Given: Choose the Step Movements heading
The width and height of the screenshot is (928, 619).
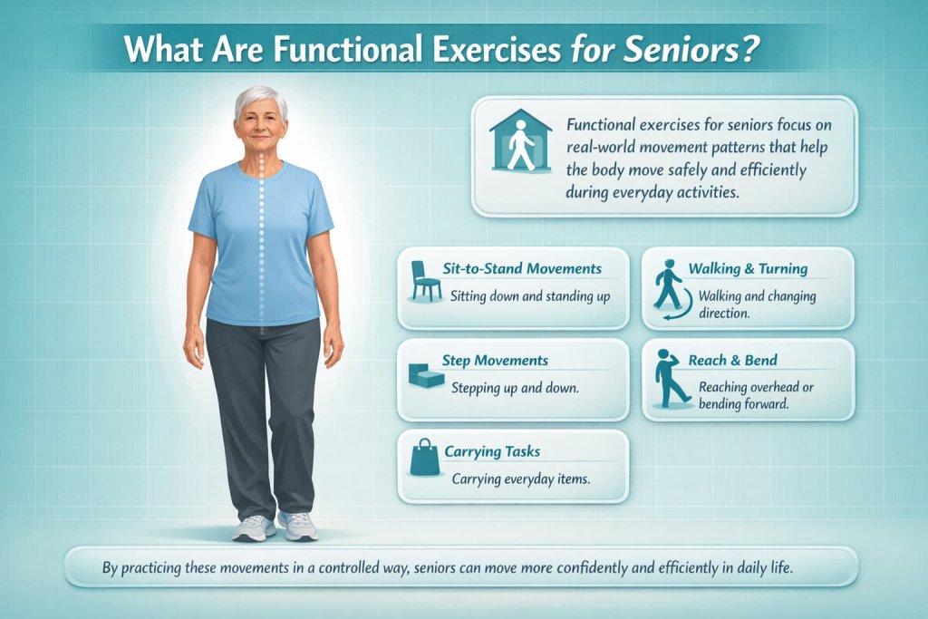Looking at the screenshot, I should coord(495,361).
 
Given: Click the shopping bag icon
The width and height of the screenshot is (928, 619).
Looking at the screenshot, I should coord(424,459).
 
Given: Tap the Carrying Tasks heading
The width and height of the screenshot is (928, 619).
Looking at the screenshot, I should coord(493,450).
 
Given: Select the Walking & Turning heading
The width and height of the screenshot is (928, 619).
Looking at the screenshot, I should coord(748,269).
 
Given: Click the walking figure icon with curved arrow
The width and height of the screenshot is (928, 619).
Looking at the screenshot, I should coord(671,287).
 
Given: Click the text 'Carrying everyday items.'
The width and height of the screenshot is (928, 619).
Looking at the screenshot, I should coord(521,479).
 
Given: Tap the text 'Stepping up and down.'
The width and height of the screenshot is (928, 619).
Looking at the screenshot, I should coord(515,387).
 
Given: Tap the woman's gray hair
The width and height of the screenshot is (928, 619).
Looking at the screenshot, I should coord(261,100).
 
